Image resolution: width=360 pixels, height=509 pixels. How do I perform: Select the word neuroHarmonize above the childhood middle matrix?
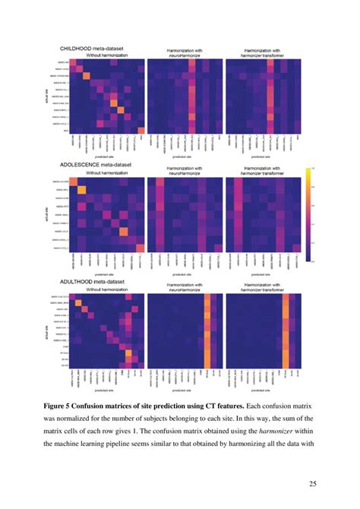pyautogui.click(x=183, y=55)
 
